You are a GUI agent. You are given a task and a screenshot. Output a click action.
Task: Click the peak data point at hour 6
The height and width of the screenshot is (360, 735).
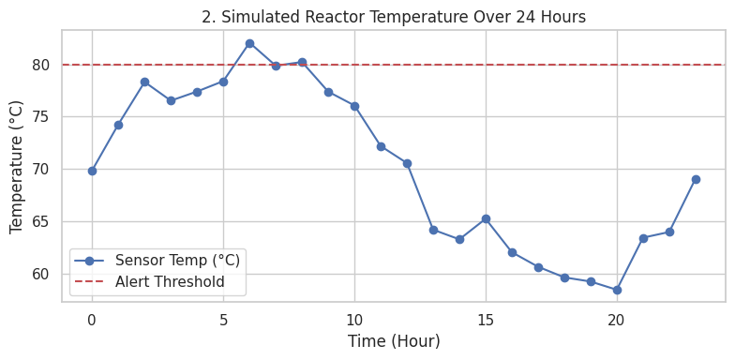pos(249,43)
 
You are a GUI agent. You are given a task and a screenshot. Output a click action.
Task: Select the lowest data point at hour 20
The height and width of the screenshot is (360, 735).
pos(617,290)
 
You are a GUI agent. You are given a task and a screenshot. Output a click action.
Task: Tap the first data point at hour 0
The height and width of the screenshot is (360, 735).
pos(92,171)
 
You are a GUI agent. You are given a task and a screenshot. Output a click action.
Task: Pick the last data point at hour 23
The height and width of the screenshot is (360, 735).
pos(696,179)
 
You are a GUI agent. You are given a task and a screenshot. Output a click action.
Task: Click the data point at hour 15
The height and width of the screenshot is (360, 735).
pos(486,218)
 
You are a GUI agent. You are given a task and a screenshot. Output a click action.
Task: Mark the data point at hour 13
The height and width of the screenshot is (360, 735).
pos(433,230)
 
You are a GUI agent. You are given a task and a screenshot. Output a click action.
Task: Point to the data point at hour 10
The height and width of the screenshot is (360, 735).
pos(354,106)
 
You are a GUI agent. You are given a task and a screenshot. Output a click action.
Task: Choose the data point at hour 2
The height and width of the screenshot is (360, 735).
pos(144,82)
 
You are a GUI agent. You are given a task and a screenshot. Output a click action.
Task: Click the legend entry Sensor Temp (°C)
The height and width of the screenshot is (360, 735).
pos(177,261)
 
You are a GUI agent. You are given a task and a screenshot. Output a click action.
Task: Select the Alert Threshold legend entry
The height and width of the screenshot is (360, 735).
pos(170,281)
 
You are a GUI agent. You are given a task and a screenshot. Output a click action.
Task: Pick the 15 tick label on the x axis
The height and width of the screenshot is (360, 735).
pos(486,320)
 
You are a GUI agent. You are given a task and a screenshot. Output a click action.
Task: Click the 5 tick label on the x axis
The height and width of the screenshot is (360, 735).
pos(223,320)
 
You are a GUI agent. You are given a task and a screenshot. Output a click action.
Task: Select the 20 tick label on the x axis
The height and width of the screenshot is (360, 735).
pos(617,320)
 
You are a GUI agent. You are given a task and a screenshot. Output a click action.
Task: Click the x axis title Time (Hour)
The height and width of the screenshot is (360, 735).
pos(394,341)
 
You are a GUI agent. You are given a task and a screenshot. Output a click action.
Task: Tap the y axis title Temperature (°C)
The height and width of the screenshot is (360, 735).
pos(17,166)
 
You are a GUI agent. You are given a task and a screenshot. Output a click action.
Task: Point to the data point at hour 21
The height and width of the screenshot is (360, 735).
pos(643,238)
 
